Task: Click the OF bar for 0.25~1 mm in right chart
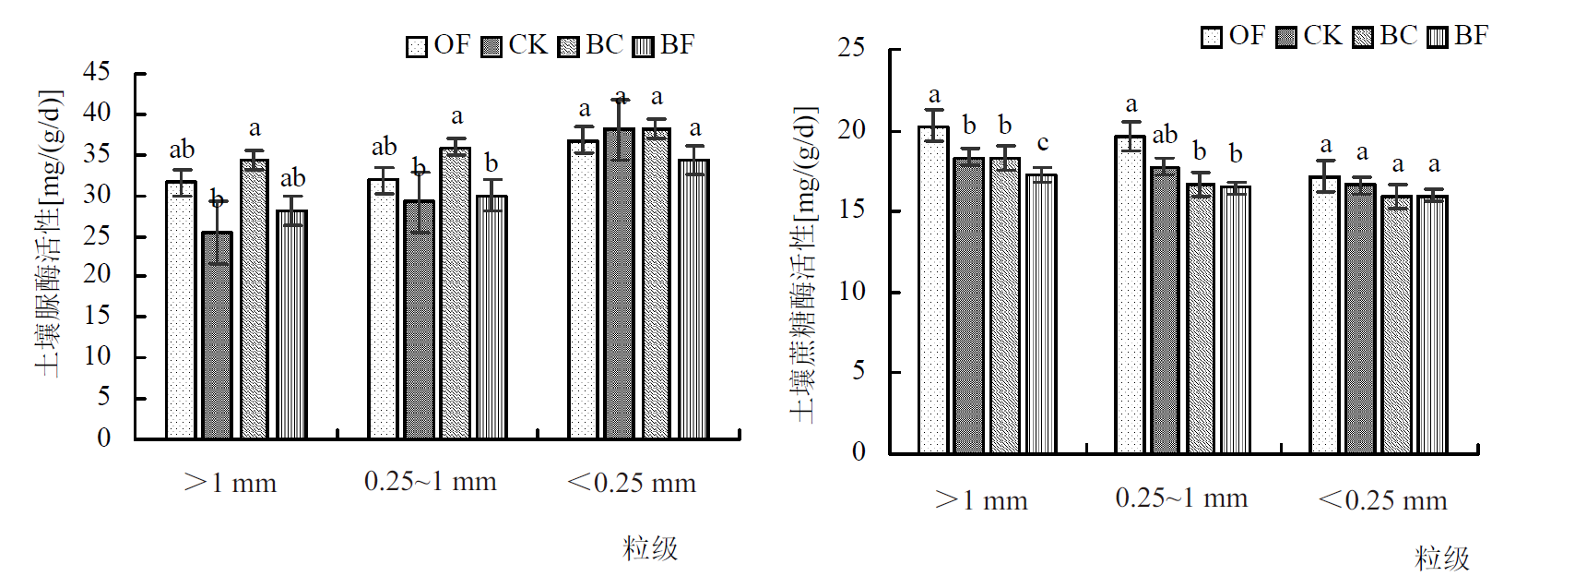1130,294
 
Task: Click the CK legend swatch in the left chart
492,46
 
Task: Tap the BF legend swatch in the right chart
1438,37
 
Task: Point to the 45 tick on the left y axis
96,72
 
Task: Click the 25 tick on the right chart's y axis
850,48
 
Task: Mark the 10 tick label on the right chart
850,291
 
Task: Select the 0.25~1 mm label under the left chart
431,482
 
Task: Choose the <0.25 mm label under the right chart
1382,500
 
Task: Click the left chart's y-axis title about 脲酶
49,233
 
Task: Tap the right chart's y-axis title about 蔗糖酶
804,265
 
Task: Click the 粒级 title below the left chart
650,548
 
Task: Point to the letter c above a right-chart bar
1042,143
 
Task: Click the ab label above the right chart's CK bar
1165,135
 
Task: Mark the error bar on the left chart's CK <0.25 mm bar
621,128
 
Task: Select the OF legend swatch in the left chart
417,46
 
